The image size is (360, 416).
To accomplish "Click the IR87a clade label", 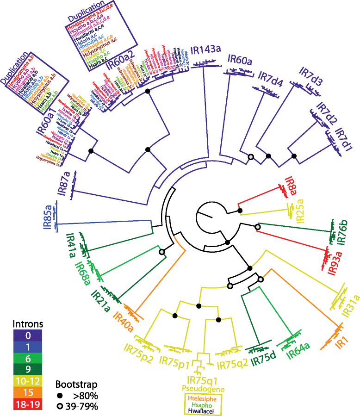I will (x=63, y=184).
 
